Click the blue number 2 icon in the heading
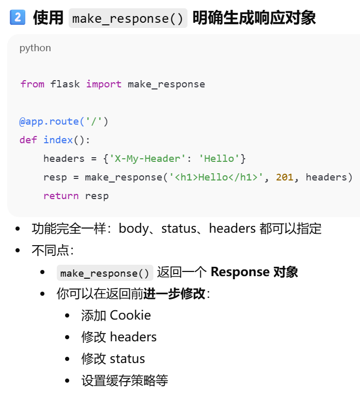pos(17,18)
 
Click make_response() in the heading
pos(128,19)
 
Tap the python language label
pos(35,48)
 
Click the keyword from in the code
pos(32,84)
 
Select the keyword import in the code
pos(104,84)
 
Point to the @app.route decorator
pos(49,122)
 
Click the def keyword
pos(28,140)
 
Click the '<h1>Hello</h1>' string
pos(216,177)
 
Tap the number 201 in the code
pos(285,177)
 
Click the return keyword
pos(61,196)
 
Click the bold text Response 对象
pos(254,272)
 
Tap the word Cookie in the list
pos(130,315)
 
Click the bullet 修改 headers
pos(119,337)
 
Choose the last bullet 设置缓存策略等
pos(124,381)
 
